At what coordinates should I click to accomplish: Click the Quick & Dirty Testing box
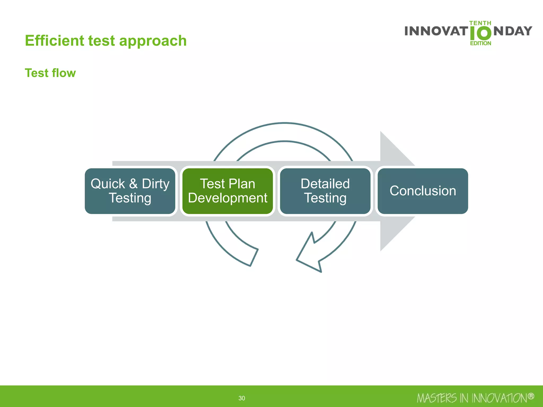pyautogui.click(x=130, y=191)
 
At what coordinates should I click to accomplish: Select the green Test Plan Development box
pyautogui.click(x=227, y=191)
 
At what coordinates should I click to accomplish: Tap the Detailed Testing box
pyautogui.click(x=325, y=191)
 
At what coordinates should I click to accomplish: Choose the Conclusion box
pyautogui.click(x=423, y=191)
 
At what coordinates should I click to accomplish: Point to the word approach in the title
pyautogui.click(x=153, y=41)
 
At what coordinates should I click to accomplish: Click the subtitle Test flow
pyautogui.click(x=50, y=73)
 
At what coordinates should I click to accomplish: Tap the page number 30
pyautogui.click(x=242, y=398)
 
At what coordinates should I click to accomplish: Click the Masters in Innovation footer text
pyautogui.click(x=472, y=398)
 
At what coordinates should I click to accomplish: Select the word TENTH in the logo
pyautogui.click(x=480, y=23)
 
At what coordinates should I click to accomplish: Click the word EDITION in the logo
pyautogui.click(x=480, y=43)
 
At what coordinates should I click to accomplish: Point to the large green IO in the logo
pyautogui.click(x=480, y=33)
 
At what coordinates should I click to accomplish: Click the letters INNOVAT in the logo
pyautogui.click(x=436, y=31)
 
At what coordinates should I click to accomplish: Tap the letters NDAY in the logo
pyautogui.click(x=513, y=31)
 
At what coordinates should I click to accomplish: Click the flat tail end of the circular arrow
pyautogui.click(x=254, y=257)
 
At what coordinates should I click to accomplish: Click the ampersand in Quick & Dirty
pyautogui.click(x=133, y=184)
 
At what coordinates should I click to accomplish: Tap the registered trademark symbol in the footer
pyautogui.click(x=531, y=396)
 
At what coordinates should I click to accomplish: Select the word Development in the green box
pyautogui.click(x=227, y=198)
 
